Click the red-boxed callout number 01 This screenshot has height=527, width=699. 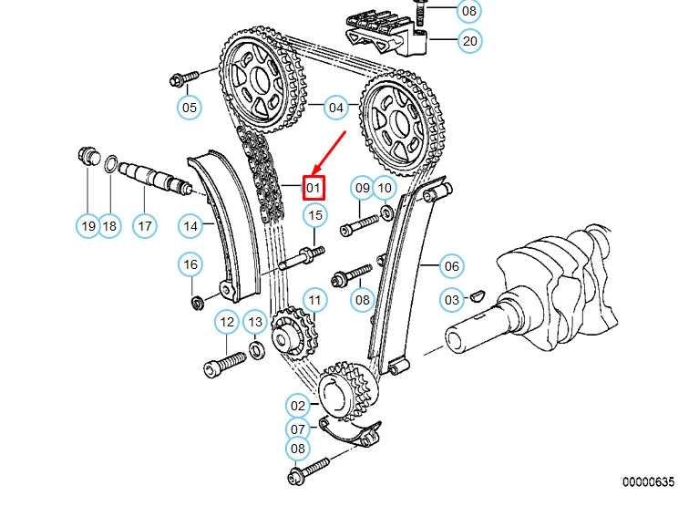[314, 188]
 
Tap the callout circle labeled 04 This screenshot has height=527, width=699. [337, 108]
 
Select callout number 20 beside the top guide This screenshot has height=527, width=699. [468, 40]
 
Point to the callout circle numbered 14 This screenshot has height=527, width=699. [190, 225]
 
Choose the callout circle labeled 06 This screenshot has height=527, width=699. [451, 266]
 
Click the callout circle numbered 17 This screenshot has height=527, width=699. [144, 225]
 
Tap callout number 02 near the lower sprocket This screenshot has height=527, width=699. [298, 405]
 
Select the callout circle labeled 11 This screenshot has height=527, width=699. [314, 300]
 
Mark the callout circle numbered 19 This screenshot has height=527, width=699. [87, 225]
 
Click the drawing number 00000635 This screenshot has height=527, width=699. [648, 481]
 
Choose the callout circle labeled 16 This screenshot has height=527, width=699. [190, 265]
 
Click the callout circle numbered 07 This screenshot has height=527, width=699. [298, 428]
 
